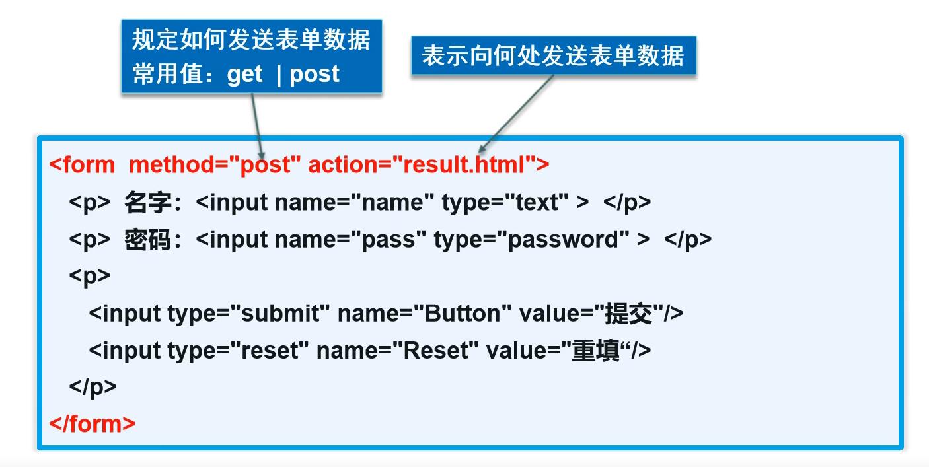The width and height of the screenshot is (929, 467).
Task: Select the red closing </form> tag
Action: (x=93, y=423)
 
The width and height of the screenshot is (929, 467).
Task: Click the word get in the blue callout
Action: (x=244, y=74)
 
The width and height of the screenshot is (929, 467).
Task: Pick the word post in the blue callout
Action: (x=315, y=74)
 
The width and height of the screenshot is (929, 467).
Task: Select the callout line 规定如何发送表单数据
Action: (x=251, y=40)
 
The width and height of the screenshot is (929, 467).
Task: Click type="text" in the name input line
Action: (x=505, y=202)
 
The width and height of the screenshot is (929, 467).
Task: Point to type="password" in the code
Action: (x=531, y=239)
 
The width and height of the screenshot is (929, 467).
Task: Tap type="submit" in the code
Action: (x=248, y=313)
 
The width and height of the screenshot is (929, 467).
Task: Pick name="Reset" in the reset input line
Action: (x=397, y=350)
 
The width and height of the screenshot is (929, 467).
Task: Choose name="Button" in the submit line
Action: (x=425, y=313)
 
